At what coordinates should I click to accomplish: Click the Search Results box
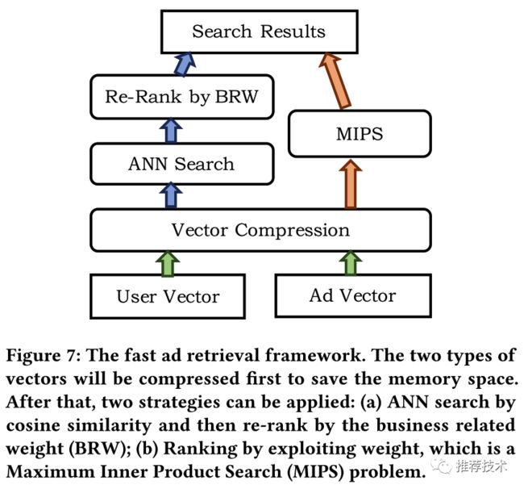[x=260, y=31]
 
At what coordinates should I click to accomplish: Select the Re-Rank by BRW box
[x=182, y=97]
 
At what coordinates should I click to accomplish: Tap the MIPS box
[x=360, y=133]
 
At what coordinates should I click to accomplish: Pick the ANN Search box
[x=182, y=164]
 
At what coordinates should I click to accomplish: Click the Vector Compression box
[x=260, y=230]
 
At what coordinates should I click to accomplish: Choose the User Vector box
[x=168, y=296]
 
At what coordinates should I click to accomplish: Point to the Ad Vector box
[x=353, y=295]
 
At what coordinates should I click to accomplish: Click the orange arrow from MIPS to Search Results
[x=335, y=80]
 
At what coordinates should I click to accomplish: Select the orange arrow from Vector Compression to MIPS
[x=351, y=184]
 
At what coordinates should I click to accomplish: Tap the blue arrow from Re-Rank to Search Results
[x=185, y=64]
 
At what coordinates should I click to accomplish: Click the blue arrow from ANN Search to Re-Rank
[x=171, y=131]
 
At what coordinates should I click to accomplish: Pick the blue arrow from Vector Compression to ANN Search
[x=171, y=195]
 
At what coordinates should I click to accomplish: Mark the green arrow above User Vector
[x=168, y=264]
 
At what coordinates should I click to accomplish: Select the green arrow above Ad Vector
[x=351, y=263]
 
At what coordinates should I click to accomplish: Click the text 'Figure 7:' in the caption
[x=44, y=356]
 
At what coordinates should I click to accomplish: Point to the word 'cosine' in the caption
[x=33, y=426]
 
